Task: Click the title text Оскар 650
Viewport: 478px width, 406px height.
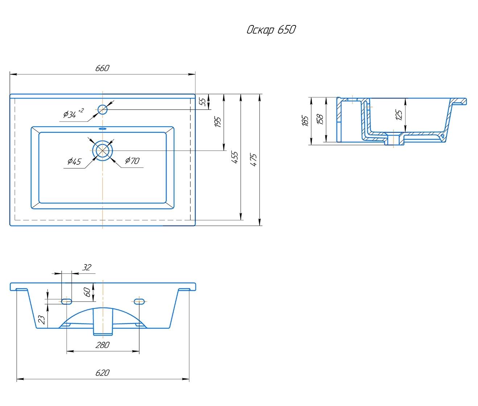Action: point(271,30)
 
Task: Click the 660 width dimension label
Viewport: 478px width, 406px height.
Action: point(102,68)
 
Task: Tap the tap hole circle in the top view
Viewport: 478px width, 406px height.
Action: point(103,109)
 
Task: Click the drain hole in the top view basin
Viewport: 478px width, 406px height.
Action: point(103,150)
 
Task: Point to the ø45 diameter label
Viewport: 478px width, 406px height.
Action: point(74,162)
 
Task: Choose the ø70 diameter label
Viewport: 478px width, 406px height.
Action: point(132,160)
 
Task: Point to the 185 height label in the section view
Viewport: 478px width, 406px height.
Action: point(305,121)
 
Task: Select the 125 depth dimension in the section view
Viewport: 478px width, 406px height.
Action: point(399,115)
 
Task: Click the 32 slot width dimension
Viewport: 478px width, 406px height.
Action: point(87,268)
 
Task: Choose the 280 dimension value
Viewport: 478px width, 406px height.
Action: point(103,345)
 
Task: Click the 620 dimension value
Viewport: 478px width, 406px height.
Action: point(103,373)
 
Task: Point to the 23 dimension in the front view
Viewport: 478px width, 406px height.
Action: point(42,319)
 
